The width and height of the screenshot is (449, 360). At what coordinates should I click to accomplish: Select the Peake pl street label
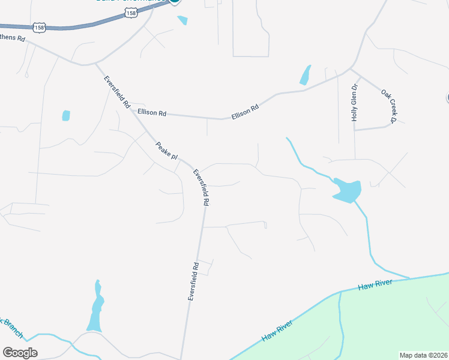(x=167, y=150)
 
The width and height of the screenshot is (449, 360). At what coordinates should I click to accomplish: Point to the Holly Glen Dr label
(x=355, y=103)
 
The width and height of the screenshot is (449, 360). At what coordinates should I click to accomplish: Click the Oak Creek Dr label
(x=390, y=106)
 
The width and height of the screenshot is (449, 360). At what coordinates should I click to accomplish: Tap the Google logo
(x=20, y=352)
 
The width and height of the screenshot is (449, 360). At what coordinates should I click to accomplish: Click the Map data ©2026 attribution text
(x=423, y=355)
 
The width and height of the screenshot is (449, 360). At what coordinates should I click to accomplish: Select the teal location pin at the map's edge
(x=174, y=2)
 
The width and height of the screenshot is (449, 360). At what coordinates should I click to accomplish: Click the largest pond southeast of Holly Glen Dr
(x=347, y=191)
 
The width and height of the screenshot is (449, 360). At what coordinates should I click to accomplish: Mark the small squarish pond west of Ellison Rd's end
(x=65, y=115)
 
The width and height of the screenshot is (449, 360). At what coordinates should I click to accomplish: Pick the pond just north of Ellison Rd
(x=305, y=76)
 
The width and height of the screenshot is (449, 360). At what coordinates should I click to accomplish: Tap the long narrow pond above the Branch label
(x=95, y=306)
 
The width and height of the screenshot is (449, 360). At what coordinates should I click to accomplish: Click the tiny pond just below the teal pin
(x=182, y=20)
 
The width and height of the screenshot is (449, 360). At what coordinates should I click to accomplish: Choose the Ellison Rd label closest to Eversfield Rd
(x=151, y=112)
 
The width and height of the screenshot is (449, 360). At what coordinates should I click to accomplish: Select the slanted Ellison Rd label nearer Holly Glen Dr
(x=246, y=112)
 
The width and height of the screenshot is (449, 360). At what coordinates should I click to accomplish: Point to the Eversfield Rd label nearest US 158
(x=117, y=91)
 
